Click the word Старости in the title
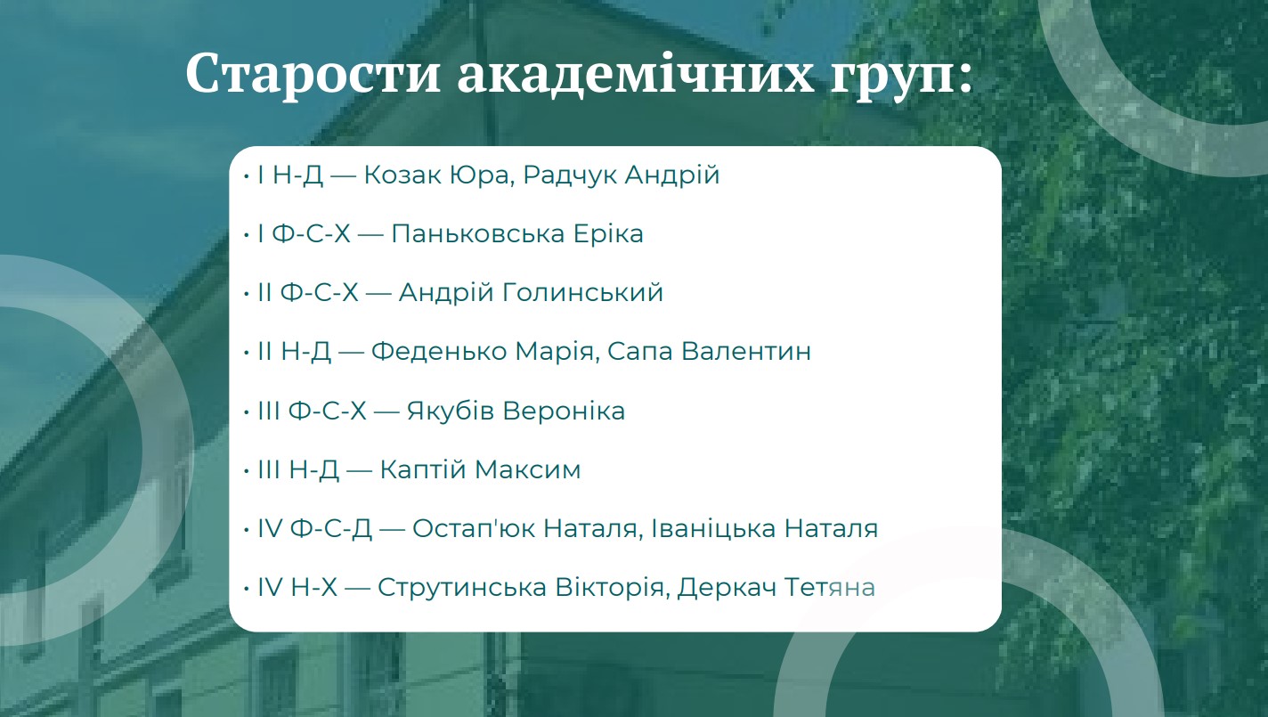pos(313,73)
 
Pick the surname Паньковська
pos(478,234)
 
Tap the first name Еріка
pos(608,234)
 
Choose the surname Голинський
pos(583,293)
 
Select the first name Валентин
pos(746,351)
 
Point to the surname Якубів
pos(451,411)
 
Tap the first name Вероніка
pos(564,411)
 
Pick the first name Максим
pos(527,470)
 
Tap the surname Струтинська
pos(462,587)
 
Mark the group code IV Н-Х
pos(297,587)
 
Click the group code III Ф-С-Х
pos(312,411)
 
